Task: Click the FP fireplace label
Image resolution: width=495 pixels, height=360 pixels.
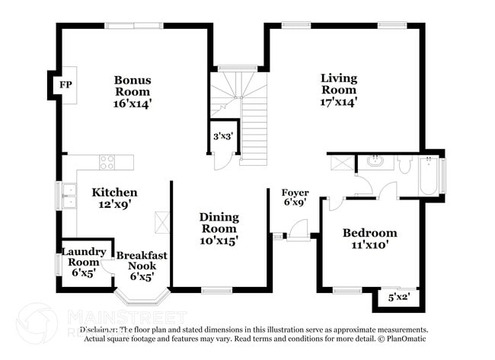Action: click(x=65, y=84)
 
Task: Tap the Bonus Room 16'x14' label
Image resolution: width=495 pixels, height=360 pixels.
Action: click(x=133, y=91)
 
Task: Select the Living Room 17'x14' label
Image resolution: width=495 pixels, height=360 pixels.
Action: click(x=338, y=89)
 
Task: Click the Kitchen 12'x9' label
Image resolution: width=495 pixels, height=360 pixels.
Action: click(x=115, y=199)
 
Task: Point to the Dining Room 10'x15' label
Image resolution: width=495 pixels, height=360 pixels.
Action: click(x=219, y=228)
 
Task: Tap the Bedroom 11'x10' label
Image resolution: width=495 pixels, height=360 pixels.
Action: click(x=369, y=239)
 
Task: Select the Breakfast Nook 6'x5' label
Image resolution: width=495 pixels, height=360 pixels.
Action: click(x=141, y=266)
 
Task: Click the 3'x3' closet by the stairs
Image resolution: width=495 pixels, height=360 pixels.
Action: click(x=222, y=136)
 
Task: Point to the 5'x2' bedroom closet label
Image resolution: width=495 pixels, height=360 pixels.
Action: click(x=399, y=298)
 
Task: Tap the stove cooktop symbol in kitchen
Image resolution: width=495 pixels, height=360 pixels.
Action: click(x=107, y=161)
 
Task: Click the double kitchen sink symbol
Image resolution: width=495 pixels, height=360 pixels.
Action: click(x=69, y=196)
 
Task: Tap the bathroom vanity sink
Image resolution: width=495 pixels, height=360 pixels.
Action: click(x=375, y=161)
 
